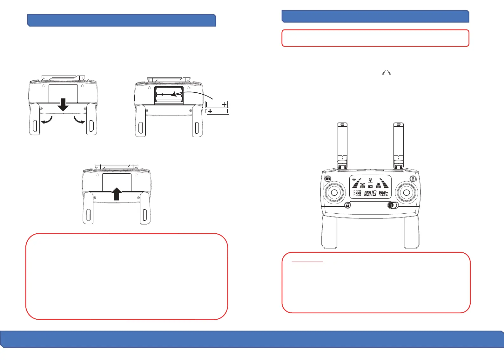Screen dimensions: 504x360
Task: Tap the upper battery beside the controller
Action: [x=217, y=104]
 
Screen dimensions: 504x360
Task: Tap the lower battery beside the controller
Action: [x=218, y=111]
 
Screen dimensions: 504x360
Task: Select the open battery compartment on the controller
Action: [x=169, y=95]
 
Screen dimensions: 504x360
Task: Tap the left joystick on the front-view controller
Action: [x=334, y=192]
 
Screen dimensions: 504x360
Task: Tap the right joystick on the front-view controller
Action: [x=407, y=192]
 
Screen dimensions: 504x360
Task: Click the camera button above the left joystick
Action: [x=328, y=179]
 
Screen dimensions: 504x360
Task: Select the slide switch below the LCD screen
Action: [x=393, y=205]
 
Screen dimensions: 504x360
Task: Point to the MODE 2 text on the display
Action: [x=383, y=194]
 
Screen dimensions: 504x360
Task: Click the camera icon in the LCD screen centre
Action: [x=370, y=186]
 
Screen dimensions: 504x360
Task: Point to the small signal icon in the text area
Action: [x=386, y=73]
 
